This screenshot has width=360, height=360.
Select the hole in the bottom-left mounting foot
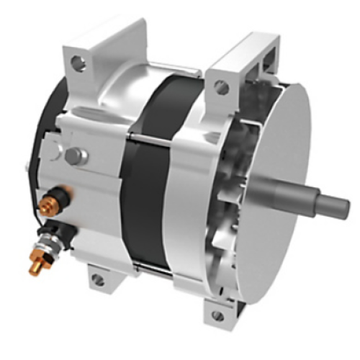pos(98,279)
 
